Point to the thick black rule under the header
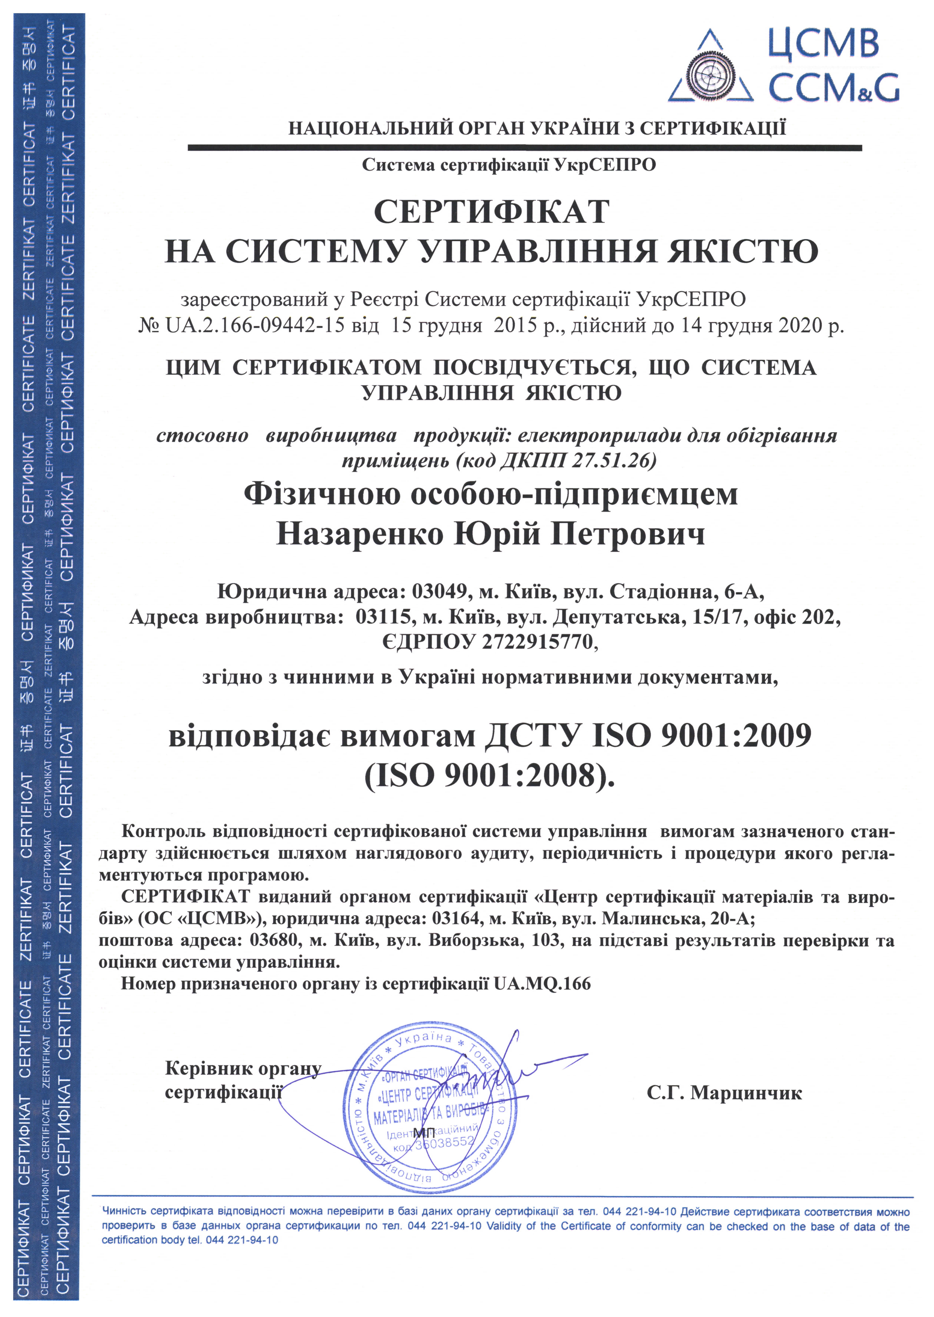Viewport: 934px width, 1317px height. pos(525,148)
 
